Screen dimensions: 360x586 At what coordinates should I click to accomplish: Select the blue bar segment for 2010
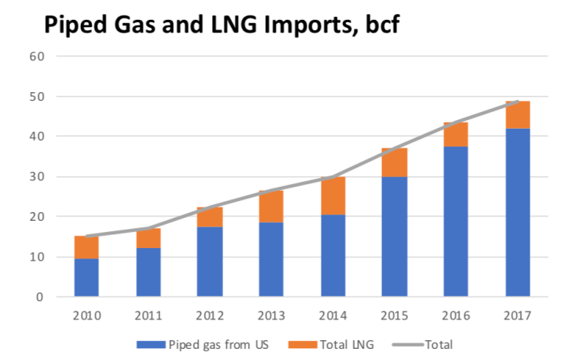point(87,277)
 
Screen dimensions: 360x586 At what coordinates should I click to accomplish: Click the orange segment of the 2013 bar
point(270,207)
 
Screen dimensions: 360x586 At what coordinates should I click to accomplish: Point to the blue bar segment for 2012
point(209,261)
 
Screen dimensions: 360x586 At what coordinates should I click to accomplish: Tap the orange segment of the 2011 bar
point(148,238)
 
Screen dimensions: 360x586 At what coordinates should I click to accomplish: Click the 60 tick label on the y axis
point(39,56)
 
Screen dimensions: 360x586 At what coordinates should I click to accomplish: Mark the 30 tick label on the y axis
point(39,177)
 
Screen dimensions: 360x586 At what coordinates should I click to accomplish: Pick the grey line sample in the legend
point(405,345)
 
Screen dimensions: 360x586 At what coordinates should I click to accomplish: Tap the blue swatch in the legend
point(148,345)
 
